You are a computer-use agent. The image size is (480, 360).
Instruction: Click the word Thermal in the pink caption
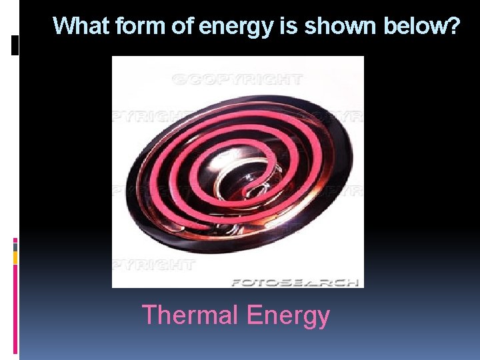point(189,315)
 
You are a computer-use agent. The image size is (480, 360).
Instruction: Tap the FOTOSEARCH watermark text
point(295,282)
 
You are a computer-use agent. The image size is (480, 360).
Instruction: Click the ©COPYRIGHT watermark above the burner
point(237,79)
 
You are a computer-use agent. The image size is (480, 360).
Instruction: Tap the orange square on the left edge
point(15,257)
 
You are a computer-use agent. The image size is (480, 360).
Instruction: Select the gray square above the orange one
point(15,247)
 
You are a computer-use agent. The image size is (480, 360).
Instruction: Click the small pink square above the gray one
point(15,240)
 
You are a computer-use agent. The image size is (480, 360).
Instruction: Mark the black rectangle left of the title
point(15,45)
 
